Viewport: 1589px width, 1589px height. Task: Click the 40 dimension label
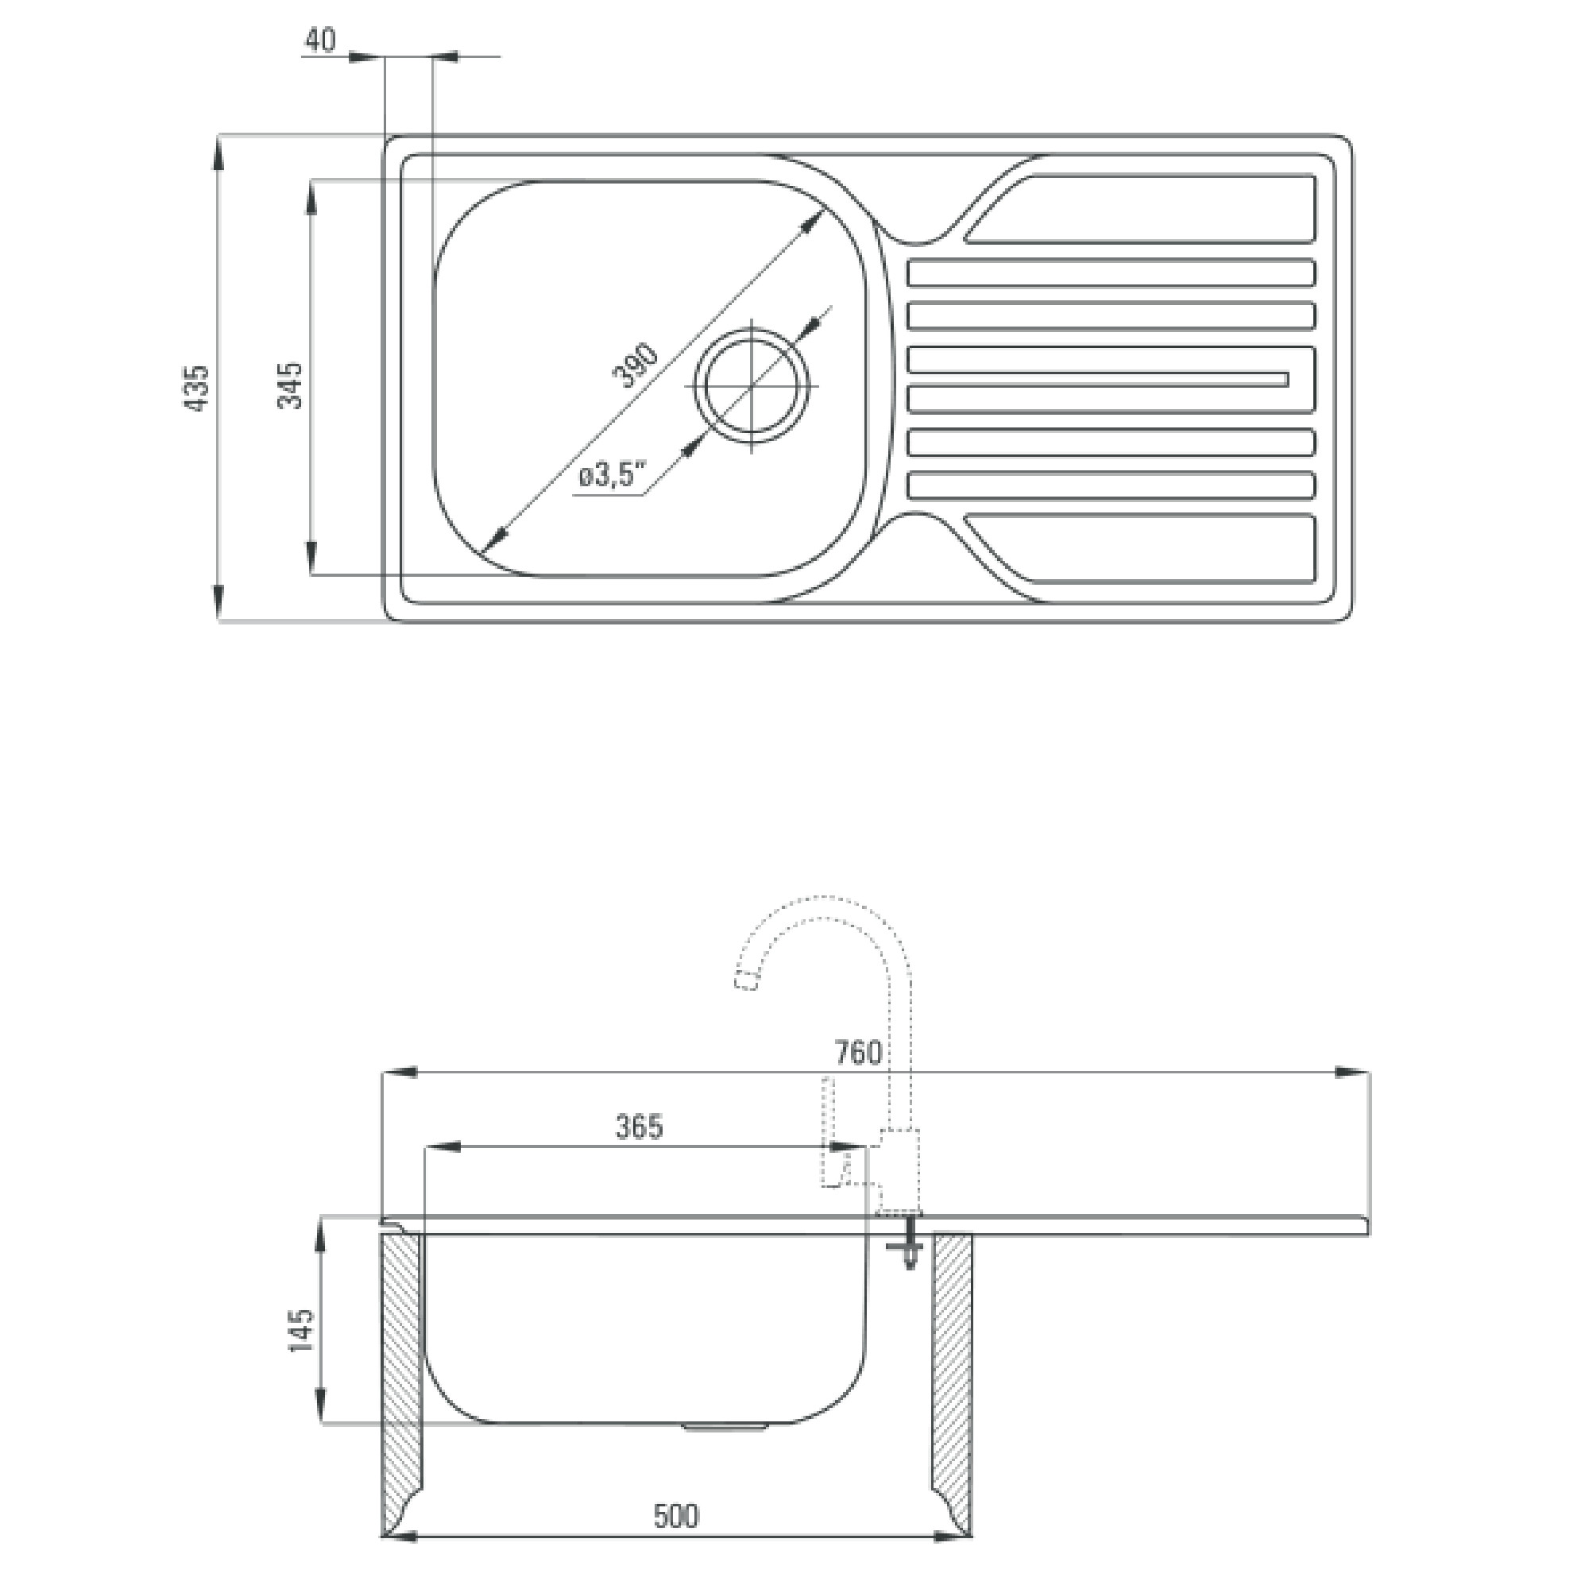click(320, 40)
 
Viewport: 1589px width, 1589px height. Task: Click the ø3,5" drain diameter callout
click(609, 475)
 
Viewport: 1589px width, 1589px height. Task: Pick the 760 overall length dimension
click(858, 1053)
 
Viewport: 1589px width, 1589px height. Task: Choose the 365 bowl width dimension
click(639, 1127)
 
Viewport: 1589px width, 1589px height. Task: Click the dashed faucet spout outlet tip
click(745, 980)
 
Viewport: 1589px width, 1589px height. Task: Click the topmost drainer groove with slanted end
click(1140, 209)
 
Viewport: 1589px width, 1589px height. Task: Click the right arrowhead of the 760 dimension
click(1351, 1073)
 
